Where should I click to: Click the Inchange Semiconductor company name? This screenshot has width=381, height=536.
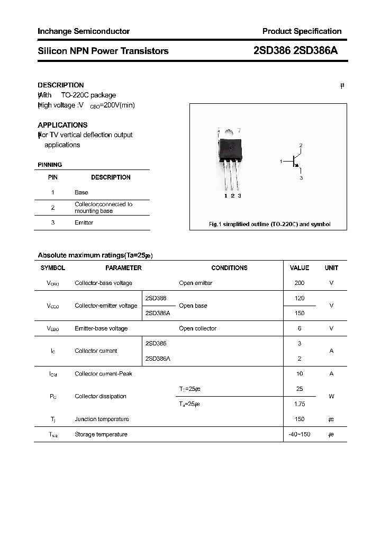(x=84, y=31)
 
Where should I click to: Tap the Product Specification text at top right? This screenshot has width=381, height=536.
(x=302, y=31)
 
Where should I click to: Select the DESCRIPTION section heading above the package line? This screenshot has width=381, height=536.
(x=61, y=85)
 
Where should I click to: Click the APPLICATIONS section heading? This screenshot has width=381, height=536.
(x=62, y=125)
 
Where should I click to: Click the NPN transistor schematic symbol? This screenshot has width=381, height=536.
(x=294, y=162)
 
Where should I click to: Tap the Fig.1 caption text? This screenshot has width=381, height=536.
(x=269, y=224)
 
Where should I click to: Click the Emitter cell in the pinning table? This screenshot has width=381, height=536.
(x=84, y=223)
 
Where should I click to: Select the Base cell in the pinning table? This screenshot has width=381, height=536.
(x=81, y=192)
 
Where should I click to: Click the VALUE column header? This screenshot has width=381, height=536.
(x=300, y=268)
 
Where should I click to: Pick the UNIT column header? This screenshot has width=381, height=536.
(x=331, y=268)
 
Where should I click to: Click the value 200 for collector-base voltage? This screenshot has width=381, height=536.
(x=300, y=283)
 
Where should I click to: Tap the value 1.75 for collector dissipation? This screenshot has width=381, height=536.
(x=300, y=404)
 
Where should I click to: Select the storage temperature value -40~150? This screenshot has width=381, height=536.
(x=300, y=434)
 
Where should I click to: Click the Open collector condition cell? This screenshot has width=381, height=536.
(x=197, y=328)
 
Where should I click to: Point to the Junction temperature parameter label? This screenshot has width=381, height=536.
(x=102, y=419)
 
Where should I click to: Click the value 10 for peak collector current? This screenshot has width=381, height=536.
(x=300, y=374)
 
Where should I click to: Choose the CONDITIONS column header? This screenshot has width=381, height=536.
(x=229, y=268)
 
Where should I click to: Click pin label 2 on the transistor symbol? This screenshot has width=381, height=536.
(x=301, y=145)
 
